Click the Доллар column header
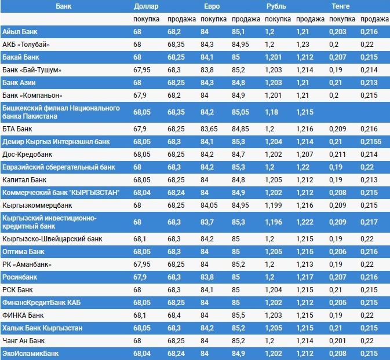(x=145, y=6)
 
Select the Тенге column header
(x=340, y=6)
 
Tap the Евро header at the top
(x=212, y=6)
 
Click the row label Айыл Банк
(x=20, y=31)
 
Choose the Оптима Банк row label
(x=24, y=252)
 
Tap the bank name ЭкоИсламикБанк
(x=31, y=353)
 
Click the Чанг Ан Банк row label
(x=24, y=340)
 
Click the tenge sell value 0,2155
(x=371, y=141)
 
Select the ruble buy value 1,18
(x=271, y=112)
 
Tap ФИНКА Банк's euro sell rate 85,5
(x=239, y=315)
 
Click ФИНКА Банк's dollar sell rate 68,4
(x=174, y=315)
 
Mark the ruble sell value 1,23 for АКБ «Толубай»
(x=302, y=44)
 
